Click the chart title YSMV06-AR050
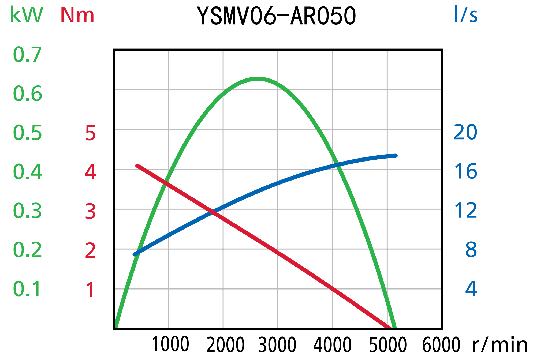click(x=276, y=16)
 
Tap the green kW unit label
click(x=27, y=15)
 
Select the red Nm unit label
click(x=77, y=15)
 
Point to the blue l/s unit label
click(x=465, y=14)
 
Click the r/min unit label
click(x=500, y=345)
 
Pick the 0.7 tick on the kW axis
click(x=28, y=55)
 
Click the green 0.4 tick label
click(x=28, y=172)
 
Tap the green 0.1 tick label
click(x=27, y=289)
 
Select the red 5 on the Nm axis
click(x=91, y=133)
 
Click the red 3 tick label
click(x=90, y=212)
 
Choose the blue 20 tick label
click(x=465, y=132)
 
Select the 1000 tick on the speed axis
click(x=170, y=344)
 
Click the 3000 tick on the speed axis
click(x=277, y=344)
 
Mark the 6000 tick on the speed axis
click(x=441, y=344)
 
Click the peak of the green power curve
click(x=257, y=79)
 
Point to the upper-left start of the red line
click(x=137, y=166)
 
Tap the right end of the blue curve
click(x=396, y=156)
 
